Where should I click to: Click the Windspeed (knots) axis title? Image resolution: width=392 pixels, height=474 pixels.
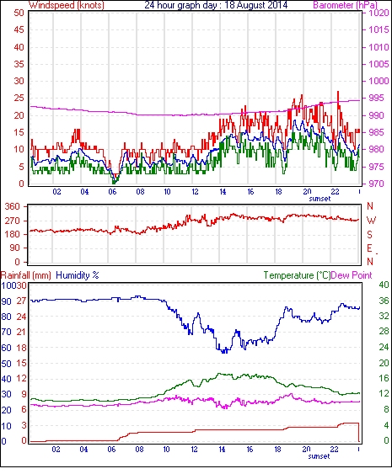[67, 5]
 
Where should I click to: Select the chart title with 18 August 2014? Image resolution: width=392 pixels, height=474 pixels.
[216, 5]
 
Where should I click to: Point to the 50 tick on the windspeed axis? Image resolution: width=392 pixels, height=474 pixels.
[19, 13]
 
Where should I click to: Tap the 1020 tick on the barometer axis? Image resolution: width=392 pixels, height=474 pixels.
[379, 13]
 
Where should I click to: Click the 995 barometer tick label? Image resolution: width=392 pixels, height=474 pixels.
[377, 98]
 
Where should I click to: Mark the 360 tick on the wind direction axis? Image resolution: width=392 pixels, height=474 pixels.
[13, 207]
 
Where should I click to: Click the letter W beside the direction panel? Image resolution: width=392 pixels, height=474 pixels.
[371, 221]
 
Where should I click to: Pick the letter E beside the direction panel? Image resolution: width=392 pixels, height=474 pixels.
[369, 248]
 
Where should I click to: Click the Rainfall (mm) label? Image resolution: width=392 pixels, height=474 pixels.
[26, 275]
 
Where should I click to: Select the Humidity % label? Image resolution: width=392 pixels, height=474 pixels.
[78, 275]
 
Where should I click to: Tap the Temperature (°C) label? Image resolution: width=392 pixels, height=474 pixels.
[297, 275]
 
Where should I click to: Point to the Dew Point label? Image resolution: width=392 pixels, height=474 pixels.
[352, 275]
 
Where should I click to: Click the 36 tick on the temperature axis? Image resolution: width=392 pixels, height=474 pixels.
[384, 301]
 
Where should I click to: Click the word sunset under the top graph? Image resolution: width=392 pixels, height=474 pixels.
[320, 199]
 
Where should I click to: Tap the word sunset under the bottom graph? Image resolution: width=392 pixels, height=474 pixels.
[319, 456]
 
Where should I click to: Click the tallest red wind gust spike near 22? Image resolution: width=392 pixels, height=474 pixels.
[338, 92]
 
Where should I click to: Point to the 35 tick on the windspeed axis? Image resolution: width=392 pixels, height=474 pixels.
[19, 64]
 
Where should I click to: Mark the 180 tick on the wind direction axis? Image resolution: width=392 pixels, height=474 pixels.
[13, 234]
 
